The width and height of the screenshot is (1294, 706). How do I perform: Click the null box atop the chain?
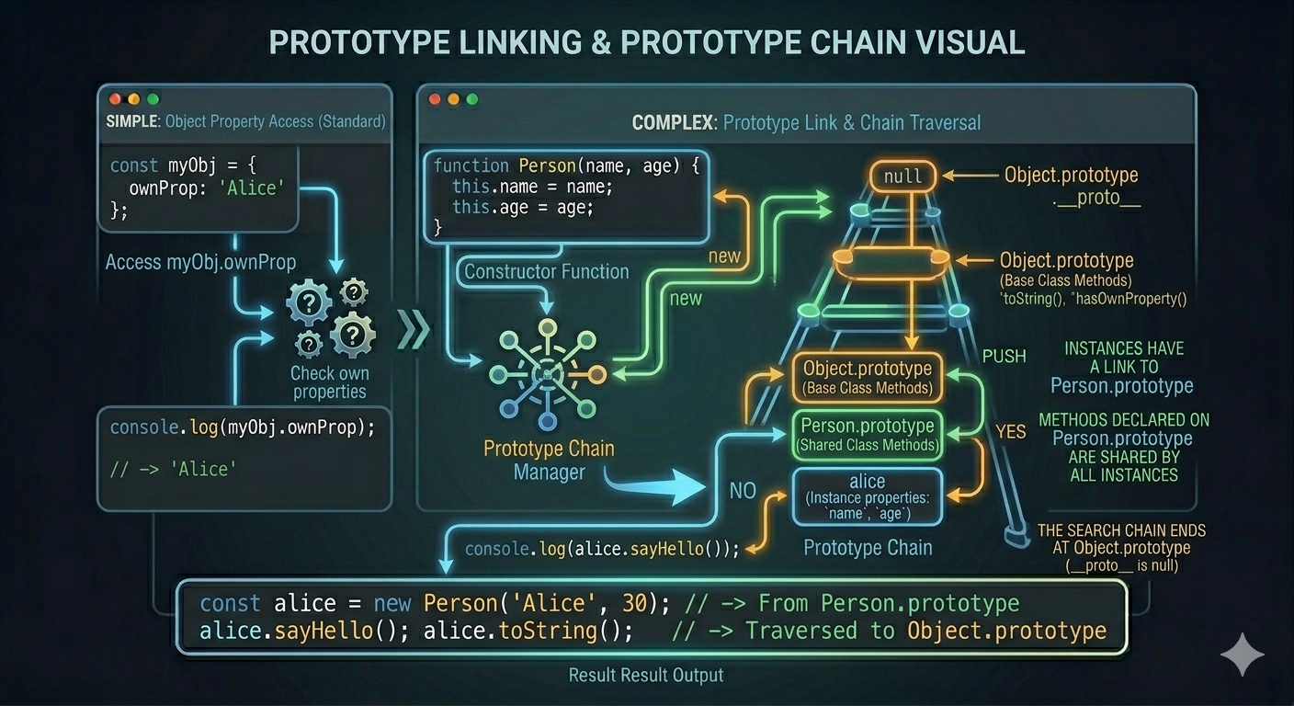click(x=902, y=176)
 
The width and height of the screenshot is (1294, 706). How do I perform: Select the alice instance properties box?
click(x=867, y=496)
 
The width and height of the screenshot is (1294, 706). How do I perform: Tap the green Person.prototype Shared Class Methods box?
click(x=867, y=435)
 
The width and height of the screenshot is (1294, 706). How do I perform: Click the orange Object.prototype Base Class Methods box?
click(x=867, y=377)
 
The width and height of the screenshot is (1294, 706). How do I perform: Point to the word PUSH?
click(x=1004, y=357)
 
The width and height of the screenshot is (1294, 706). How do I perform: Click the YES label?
click(x=1011, y=431)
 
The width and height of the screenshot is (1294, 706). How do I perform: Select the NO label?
click(x=743, y=491)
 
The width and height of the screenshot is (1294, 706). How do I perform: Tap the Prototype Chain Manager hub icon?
click(x=547, y=374)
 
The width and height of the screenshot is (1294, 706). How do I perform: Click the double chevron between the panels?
click(x=414, y=330)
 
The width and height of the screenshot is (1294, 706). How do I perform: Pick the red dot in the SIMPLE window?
click(x=115, y=98)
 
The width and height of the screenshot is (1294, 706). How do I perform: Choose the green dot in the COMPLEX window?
click(x=472, y=99)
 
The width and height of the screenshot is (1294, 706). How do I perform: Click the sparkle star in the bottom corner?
click(x=1242, y=655)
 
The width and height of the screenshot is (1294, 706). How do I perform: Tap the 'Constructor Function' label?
click(x=547, y=271)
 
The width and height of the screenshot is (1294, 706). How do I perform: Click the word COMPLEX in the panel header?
click(x=673, y=122)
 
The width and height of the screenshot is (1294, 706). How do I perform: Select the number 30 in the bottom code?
click(x=634, y=603)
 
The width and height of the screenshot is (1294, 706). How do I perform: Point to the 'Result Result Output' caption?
click(x=646, y=675)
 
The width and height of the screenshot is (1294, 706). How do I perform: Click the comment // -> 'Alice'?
click(x=174, y=469)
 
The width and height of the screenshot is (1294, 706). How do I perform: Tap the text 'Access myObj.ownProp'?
click(x=200, y=262)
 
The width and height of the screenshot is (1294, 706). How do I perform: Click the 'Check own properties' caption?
click(x=329, y=382)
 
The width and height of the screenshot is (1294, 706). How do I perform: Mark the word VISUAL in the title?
click(x=972, y=42)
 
